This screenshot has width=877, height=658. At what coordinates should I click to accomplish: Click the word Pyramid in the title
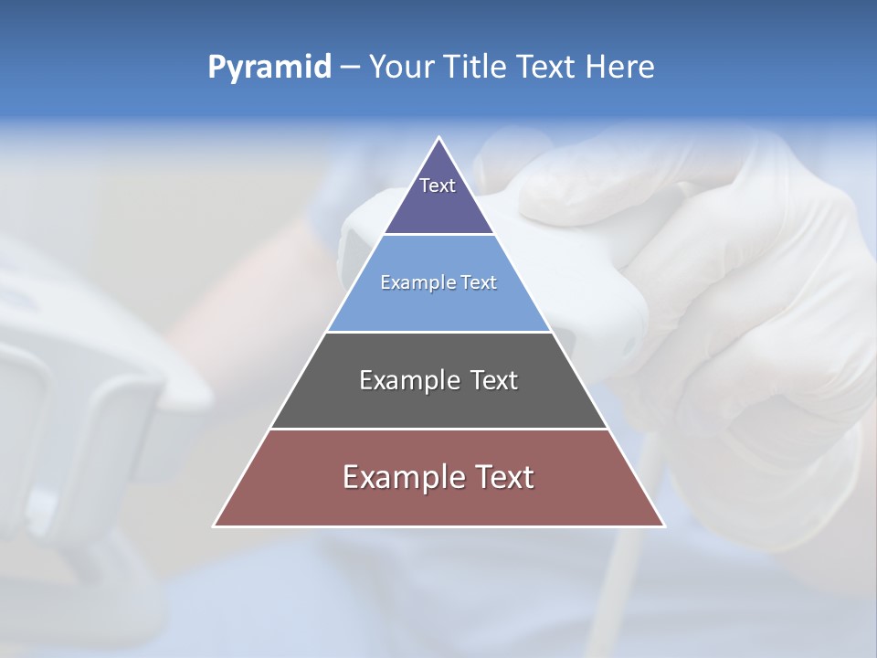coord(269,68)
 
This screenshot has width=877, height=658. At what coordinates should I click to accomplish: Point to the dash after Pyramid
coord(349,68)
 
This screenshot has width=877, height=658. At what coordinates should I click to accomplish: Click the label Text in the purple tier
coord(438,186)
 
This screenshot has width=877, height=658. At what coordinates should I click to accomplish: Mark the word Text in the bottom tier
coord(502,477)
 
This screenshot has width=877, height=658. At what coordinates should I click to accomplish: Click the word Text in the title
coord(545,67)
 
